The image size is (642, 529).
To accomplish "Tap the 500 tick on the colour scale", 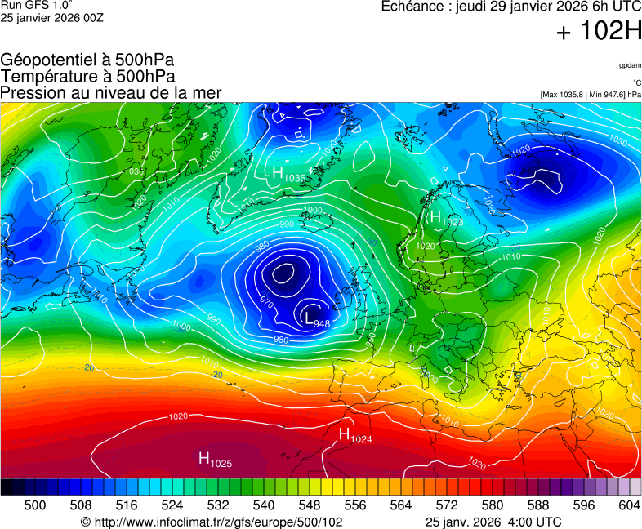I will (x=35, y=505).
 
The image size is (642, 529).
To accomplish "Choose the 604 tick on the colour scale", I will (x=629, y=505).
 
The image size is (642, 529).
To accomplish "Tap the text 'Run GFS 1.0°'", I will (x=38, y=6).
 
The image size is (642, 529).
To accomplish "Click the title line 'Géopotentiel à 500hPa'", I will (x=87, y=60).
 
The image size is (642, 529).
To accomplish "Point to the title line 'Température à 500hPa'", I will (x=87, y=77).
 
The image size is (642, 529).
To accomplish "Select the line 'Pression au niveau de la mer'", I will (x=111, y=93).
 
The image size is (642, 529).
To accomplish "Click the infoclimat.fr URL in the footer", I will (x=212, y=522).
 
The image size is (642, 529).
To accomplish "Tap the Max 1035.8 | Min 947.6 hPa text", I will (x=591, y=95).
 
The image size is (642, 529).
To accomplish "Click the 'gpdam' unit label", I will (x=630, y=65).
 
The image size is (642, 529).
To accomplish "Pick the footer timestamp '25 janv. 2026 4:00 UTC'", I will (x=493, y=522).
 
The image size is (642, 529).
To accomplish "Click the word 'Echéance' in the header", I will (x=413, y=7).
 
